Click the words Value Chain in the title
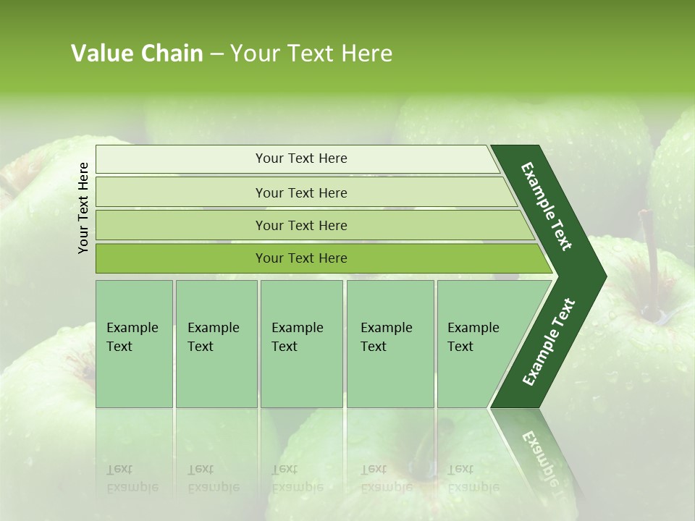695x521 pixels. coord(137,54)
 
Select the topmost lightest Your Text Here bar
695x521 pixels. coord(300,158)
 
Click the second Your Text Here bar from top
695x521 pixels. coord(300,192)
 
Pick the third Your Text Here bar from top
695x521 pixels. coord(300,225)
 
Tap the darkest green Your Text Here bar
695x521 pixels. coord(300,258)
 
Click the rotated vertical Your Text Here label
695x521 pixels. coord(84,208)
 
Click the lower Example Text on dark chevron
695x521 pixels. coord(549,342)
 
